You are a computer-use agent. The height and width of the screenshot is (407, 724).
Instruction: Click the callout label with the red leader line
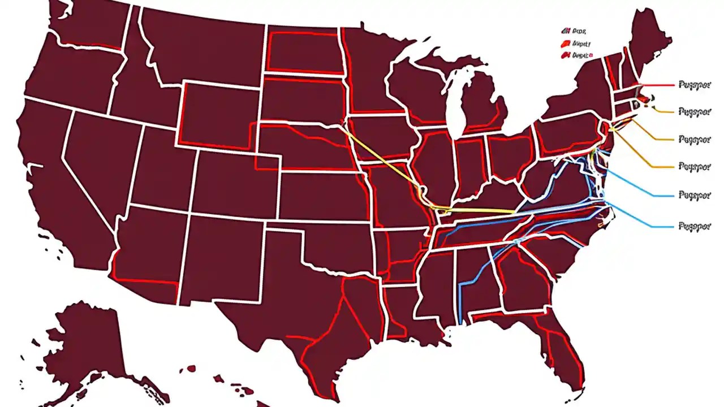(x=693, y=84)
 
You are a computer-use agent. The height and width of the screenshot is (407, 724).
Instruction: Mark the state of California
(x=62, y=187)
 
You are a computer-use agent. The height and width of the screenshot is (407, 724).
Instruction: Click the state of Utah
(x=164, y=170)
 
